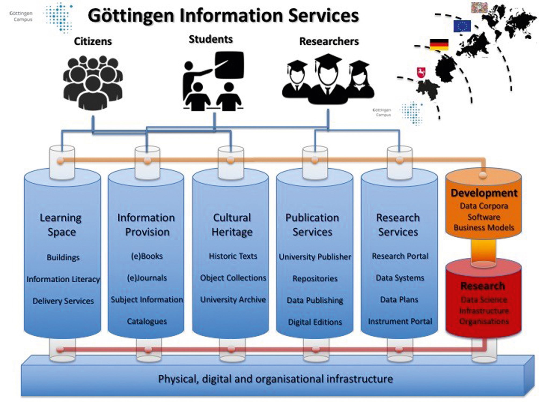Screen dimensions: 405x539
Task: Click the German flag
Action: point(439,44)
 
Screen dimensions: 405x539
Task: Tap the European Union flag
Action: point(462,26)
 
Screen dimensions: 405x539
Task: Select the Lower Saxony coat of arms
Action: point(421,73)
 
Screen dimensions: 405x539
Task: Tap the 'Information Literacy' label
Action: point(63,279)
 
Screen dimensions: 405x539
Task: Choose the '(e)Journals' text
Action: point(147,278)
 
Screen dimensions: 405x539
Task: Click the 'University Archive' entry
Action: point(233,300)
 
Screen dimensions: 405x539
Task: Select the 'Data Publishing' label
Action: point(315,300)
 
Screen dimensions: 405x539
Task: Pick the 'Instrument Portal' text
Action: point(400,321)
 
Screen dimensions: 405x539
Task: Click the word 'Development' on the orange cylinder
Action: point(484,193)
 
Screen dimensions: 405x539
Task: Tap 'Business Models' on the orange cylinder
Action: point(484,228)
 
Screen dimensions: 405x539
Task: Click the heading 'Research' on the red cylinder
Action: point(483,286)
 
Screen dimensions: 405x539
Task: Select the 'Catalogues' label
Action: point(147,321)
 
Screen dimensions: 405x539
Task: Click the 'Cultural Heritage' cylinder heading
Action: point(232,225)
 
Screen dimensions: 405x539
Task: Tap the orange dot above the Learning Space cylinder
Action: point(61,161)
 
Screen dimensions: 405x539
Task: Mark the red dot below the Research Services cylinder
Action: point(399,350)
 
